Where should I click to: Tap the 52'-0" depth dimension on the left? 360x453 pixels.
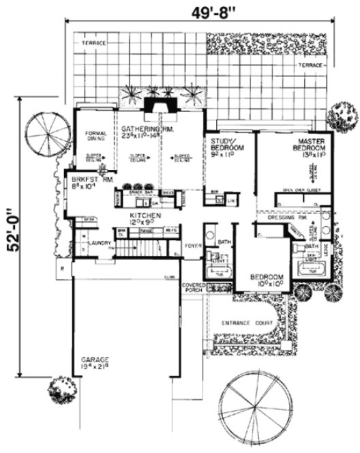10,230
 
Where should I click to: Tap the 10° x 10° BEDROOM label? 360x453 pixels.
267,278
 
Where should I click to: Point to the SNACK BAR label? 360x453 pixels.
140,192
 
